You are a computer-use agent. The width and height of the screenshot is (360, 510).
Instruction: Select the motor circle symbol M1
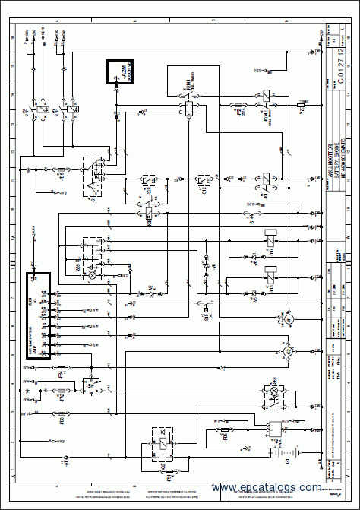[x=288, y=321]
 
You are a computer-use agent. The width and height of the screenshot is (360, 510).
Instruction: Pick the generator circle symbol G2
[x=288, y=353]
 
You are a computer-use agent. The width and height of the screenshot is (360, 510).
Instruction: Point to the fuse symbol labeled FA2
[x=62, y=395]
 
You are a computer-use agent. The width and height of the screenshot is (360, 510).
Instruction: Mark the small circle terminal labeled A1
[x=64, y=460]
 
